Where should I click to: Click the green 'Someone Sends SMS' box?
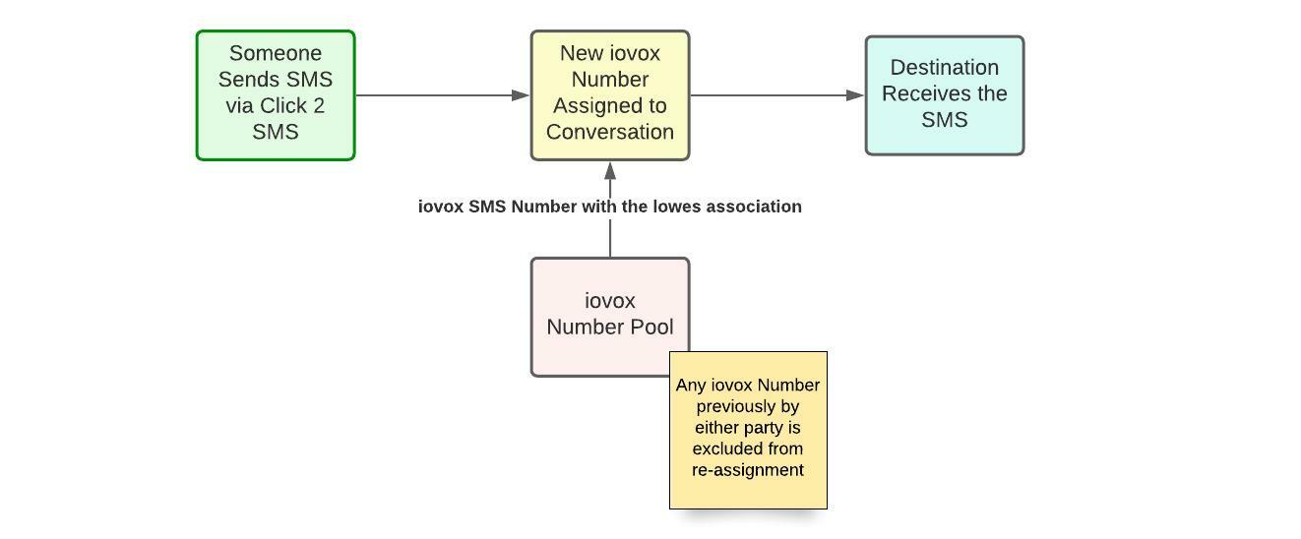click(276, 95)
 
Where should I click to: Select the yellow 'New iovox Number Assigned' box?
click(610, 95)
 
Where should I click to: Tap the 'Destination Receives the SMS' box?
click(945, 95)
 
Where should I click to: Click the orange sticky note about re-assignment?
click(748, 430)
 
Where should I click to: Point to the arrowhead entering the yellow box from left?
click(521, 95)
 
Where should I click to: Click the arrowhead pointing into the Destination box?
click(855, 95)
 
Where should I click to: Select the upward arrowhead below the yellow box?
click(610, 170)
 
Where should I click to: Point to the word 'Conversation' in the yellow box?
click(610, 132)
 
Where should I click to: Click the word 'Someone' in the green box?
click(276, 53)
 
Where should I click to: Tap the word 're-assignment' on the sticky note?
click(748, 470)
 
